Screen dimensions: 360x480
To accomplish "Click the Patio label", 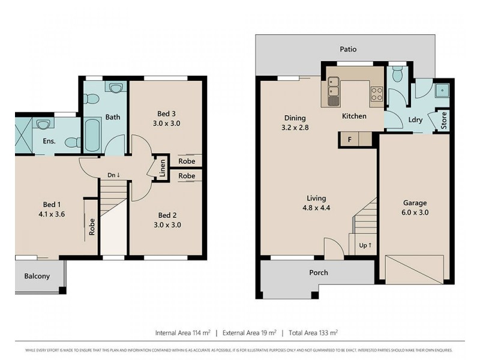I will (x=347, y=49).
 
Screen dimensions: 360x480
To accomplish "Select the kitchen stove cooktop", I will (x=376, y=93).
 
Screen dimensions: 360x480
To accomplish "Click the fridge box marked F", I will (x=349, y=139).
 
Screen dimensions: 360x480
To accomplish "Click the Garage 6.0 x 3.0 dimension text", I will (x=414, y=212).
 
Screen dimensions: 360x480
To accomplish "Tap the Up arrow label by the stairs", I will (x=365, y=245).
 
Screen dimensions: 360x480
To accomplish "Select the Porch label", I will (x=319, y=272).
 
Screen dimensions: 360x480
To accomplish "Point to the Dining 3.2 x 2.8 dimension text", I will (x=295, y=128).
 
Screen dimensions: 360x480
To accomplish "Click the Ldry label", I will (x=415, y=120).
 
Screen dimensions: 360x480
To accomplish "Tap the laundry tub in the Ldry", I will (x=443, y=90).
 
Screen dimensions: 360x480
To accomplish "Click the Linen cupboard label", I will (x=161, y=168).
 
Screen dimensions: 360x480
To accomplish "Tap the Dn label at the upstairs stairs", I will (x=113, y=175).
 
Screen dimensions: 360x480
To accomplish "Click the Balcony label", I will (x=37, y=277).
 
